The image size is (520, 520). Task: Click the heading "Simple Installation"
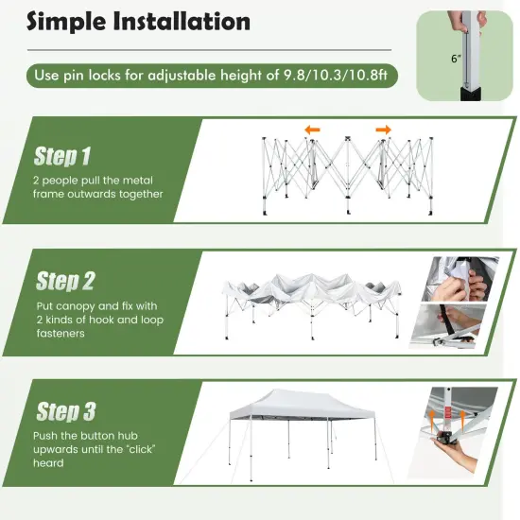coord(140,22)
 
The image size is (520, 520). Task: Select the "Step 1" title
coord(63,156)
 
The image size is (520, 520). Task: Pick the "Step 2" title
coord(65,281)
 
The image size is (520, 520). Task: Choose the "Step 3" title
coord(65,411)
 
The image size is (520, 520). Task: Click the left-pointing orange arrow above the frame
coord(311,130)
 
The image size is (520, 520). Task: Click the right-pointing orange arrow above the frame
coord(383,130)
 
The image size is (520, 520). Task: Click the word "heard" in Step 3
coord(48,463)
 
